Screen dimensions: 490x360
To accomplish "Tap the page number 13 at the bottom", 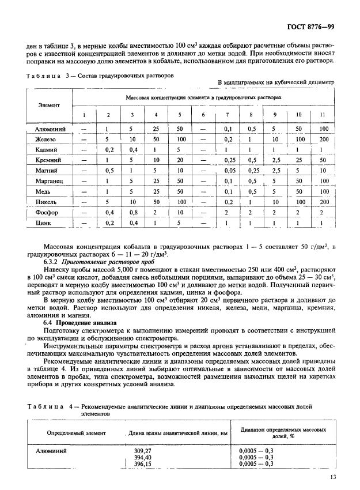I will point(334,476).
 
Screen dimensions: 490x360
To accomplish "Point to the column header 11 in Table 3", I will point(322,114).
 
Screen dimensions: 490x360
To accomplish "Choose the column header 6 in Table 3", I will point(203,114).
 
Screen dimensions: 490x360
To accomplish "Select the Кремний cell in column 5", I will point(180,160).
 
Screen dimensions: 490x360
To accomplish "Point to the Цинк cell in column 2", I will point(108,222).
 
